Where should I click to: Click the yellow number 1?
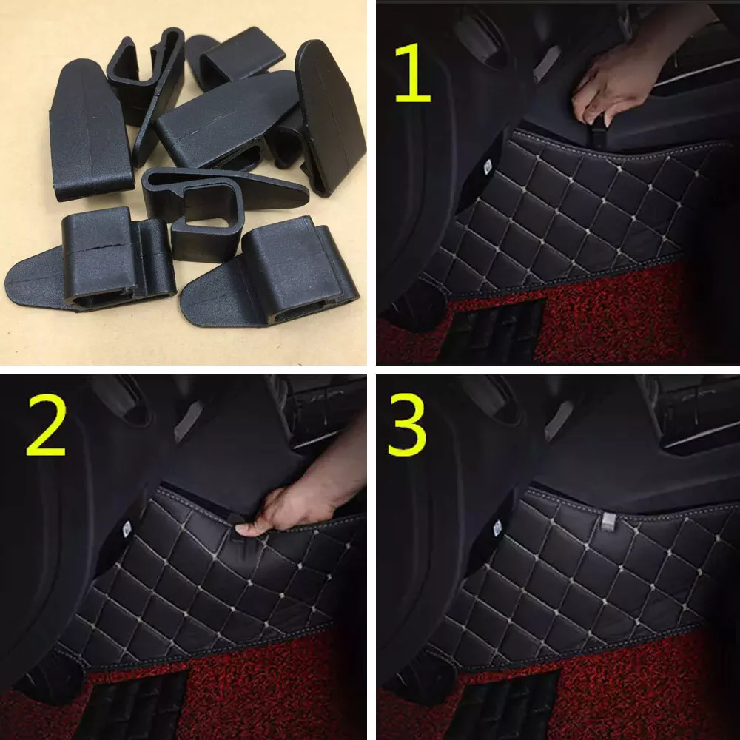412,73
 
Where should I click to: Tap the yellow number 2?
46,425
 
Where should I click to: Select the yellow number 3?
407,425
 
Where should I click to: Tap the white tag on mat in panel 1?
488,166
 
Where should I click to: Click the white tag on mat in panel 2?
127,528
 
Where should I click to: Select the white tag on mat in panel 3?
497,528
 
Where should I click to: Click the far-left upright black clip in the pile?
90,129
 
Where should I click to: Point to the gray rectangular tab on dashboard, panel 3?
558,420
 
